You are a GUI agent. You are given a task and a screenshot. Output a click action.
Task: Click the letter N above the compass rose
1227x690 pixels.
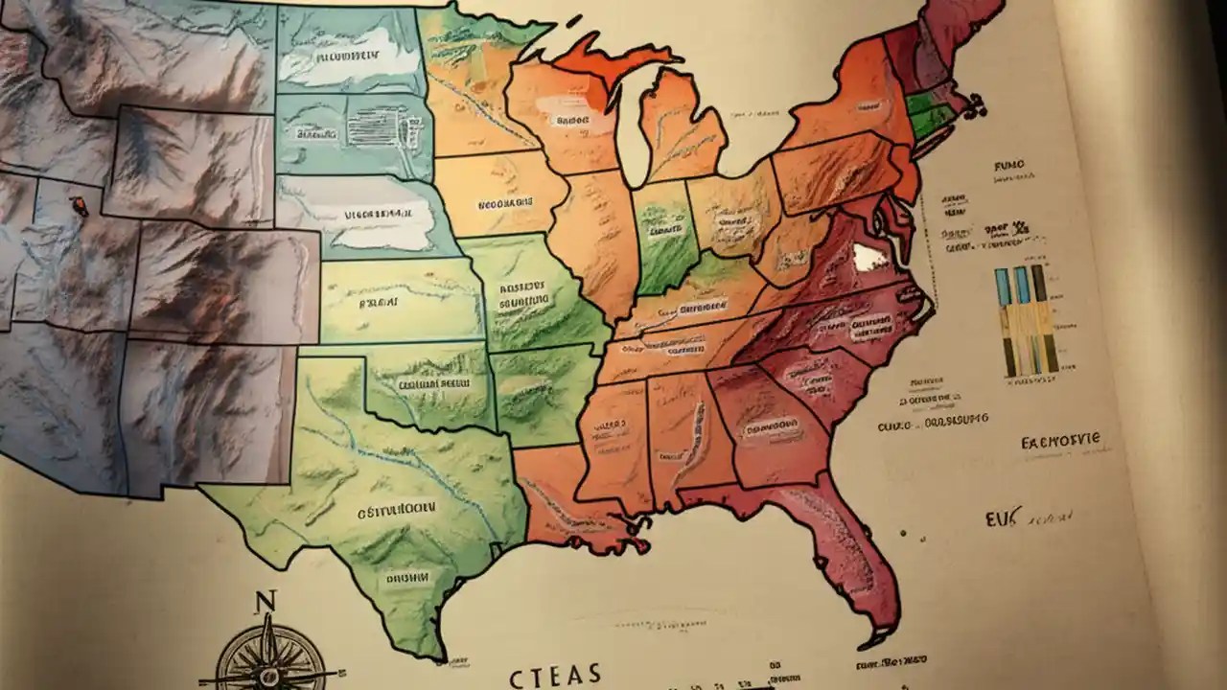pos(265,602)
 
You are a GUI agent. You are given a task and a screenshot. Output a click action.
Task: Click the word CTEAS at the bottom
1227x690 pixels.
pos(555,674)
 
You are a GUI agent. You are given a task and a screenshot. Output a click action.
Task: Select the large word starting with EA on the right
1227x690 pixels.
pos(1061,442)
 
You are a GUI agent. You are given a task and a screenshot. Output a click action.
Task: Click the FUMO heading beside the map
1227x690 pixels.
pos(1009,166)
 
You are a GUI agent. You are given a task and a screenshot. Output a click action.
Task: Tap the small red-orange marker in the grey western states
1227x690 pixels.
pos(79,204)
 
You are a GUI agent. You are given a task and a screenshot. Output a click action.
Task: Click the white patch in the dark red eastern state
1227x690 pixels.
pos(868,257)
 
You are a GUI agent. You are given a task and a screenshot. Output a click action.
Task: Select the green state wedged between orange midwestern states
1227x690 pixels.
pos(663,235)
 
